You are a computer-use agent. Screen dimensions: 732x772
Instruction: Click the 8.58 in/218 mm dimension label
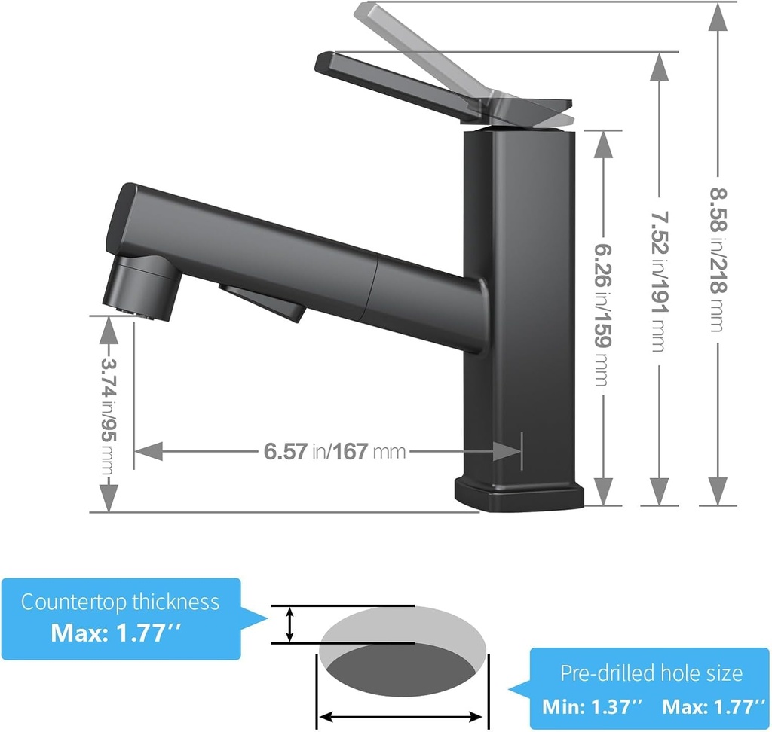[716, 260]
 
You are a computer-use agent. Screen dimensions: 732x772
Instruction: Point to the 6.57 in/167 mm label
[335, 452]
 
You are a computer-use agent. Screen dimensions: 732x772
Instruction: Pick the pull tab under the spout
[264, 301]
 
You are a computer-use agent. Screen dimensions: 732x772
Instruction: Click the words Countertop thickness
[120, 602]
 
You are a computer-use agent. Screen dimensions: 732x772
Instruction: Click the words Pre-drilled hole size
[651, 673]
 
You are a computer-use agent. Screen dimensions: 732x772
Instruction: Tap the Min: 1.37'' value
[592, 706]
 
